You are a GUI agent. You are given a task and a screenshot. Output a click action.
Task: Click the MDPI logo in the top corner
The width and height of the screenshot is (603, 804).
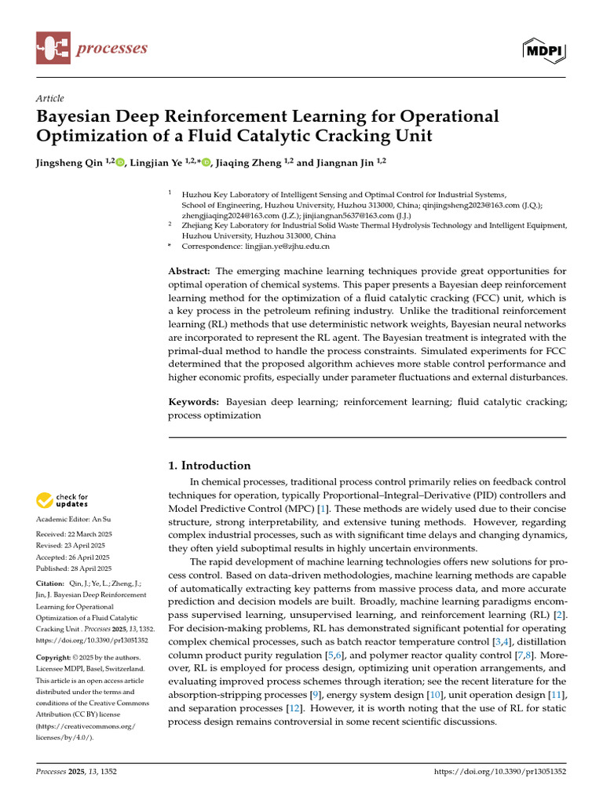[x=544, y=50]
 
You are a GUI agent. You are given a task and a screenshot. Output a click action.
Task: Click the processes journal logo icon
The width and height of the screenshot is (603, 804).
[x=53, y=49]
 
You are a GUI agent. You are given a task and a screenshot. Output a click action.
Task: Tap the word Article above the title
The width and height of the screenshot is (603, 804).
[x=49, y=98]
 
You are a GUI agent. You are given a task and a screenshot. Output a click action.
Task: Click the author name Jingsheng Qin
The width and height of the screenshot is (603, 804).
[x=68, y=163]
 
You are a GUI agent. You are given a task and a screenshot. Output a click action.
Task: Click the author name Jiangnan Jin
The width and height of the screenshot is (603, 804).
[x=337, y=163]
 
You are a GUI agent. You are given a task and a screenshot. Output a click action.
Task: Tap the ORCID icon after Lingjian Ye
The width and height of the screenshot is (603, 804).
[x=206, y=163]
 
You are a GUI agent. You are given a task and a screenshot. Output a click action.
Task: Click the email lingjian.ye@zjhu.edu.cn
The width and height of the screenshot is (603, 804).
[x=268, y=247]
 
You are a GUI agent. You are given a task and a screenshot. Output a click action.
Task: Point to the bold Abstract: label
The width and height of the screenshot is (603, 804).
[x=189, y=271]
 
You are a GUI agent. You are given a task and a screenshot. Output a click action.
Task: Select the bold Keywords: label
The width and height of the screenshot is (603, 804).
[x=193, y=402]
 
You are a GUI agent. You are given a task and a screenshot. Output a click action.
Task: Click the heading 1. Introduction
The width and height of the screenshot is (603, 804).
[x=210, y=466]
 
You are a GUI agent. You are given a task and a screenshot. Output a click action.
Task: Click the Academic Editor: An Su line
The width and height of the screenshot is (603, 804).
[x=74, y=520]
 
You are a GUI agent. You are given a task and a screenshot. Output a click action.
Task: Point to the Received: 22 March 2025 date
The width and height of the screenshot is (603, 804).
[x=74, y=534]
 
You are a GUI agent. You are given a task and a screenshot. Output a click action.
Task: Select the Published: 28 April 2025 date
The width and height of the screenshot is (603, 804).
[x=74, y=568]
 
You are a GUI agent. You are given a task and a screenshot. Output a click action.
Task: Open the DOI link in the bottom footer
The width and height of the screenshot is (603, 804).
[x=499, y=773]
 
